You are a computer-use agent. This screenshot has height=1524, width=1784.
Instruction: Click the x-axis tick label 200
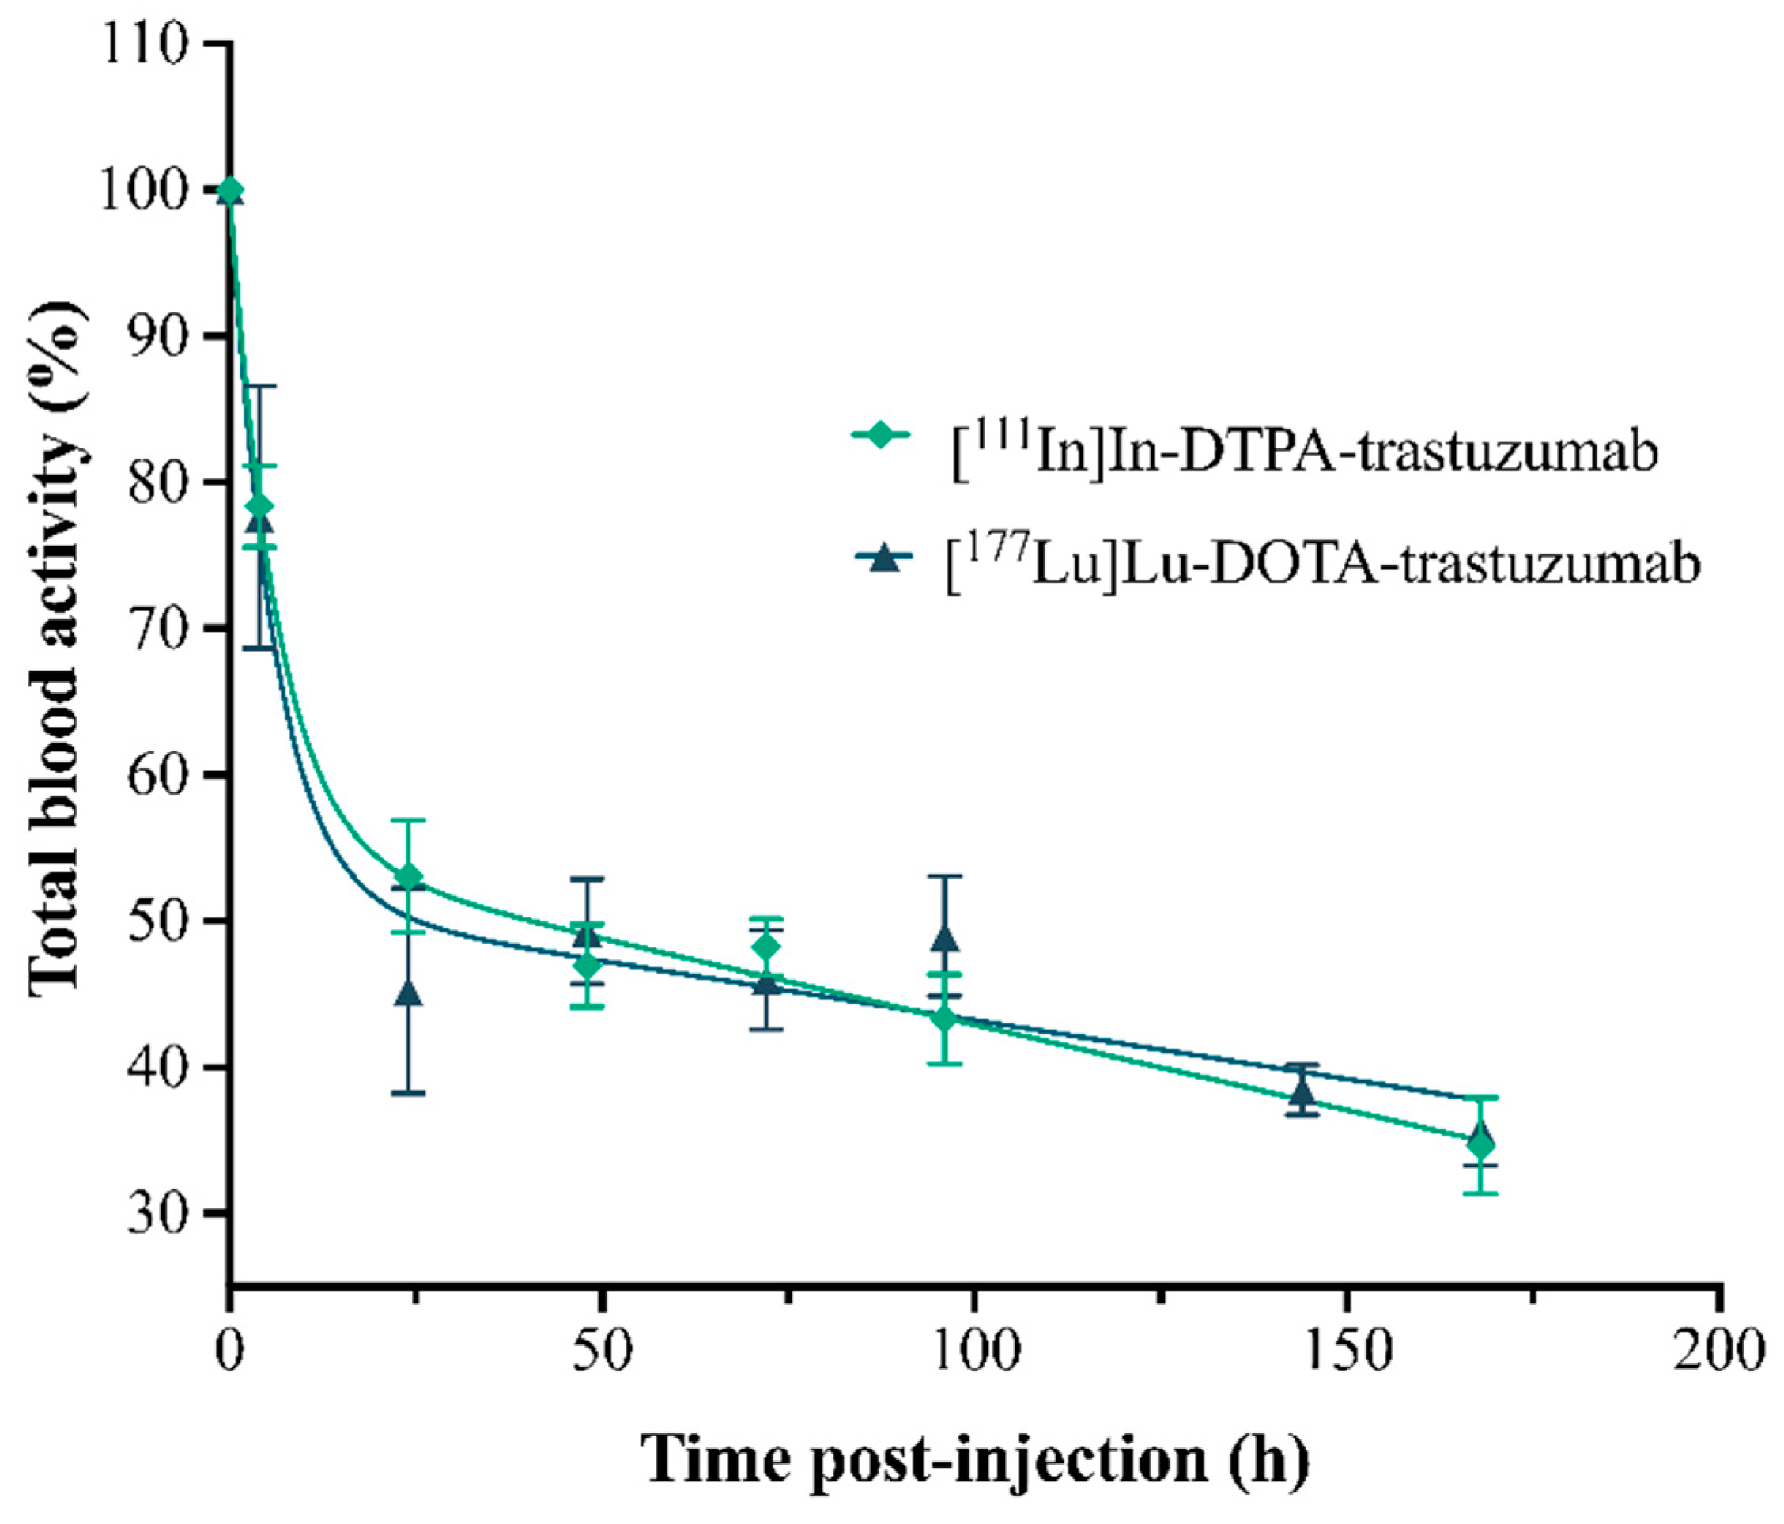pyautogui.click(x=1718, y=1352)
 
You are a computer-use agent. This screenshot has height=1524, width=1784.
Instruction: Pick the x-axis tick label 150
pyautogui.click(x=1345, y=1352)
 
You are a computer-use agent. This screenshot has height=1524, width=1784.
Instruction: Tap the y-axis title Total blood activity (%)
pyautogui.click(x=59, y=650)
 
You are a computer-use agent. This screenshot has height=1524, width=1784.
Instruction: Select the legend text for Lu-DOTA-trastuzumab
pyautogui.click(x=1322, y=563)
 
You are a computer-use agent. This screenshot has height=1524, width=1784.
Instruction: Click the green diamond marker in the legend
pyautogui.click(x=880, y=435)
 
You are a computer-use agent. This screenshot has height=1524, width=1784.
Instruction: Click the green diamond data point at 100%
pyautogui.click(x=230, y=190)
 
